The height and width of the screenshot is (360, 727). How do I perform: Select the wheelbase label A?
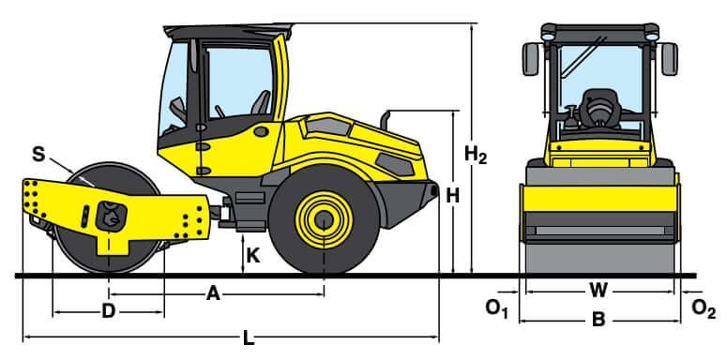213,294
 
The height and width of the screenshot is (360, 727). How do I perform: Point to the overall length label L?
249,338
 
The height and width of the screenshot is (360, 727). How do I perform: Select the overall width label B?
598,319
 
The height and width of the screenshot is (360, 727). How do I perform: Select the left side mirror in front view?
530,58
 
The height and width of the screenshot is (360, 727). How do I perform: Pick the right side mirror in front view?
669,58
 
